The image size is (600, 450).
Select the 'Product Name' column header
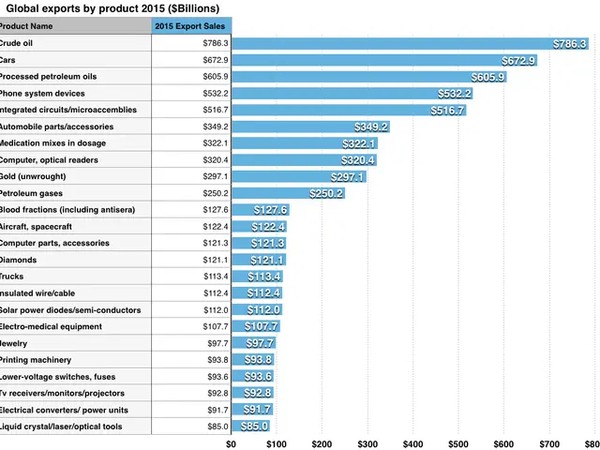tap(26, 26)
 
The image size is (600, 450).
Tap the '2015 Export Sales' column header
tap(191, 26)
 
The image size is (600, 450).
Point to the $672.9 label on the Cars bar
tap(518, 60)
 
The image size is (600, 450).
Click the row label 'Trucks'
tap(12, 277)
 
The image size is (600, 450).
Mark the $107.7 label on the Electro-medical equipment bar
tap(262, 326)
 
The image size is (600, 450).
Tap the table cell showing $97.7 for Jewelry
tap(217, 343)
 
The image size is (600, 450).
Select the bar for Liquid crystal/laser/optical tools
tap(250, 427)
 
